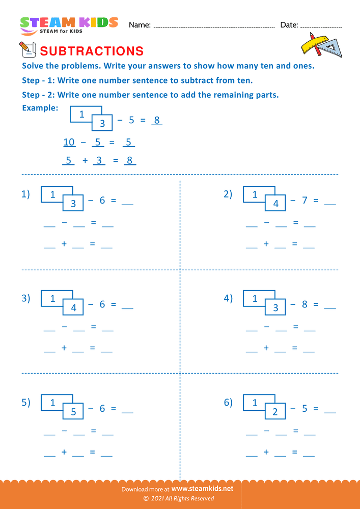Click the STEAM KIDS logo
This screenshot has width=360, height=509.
point(69,25)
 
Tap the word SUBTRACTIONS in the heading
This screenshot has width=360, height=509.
point(92,51)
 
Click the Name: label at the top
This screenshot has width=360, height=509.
point(140,25)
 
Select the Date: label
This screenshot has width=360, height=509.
point(289,25)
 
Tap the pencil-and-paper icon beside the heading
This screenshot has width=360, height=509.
point(26,49)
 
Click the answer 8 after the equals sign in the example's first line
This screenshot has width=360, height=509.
point(157,121)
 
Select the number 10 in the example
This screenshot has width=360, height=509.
point(69,142)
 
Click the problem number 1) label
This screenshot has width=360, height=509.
point(26,194)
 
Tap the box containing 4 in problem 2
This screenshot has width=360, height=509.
point(275,204)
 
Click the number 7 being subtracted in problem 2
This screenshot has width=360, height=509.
point(304,201)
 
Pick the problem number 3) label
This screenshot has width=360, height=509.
point(26,298)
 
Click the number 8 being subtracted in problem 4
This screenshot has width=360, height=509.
point(304,304)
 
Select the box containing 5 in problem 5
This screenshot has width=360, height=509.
point(73,412)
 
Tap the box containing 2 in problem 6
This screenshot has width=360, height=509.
point(275,412)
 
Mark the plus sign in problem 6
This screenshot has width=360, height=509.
point(266,452)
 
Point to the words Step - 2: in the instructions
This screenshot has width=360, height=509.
point(39,95)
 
